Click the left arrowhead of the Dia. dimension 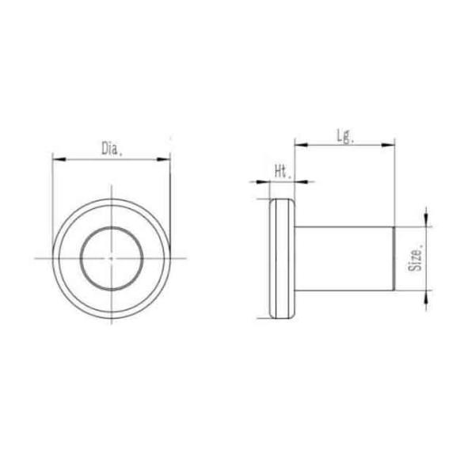57,159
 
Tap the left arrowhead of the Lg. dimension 299,145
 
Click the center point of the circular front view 112,257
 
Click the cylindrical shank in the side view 344,257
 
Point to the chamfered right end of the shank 393,257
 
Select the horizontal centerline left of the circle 44,257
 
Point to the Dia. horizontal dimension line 87,159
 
